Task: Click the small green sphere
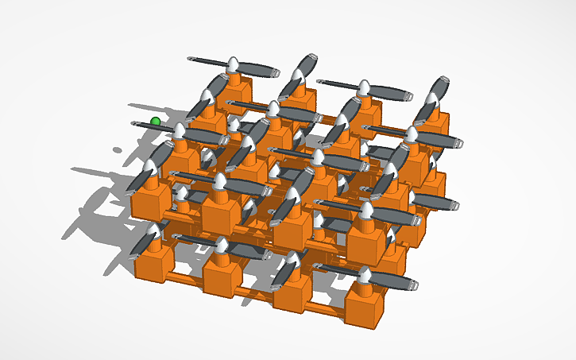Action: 156,122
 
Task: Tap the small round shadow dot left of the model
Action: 118,149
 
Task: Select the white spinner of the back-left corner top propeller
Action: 234,65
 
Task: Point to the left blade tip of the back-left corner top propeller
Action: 191,59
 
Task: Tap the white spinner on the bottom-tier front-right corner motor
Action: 365,277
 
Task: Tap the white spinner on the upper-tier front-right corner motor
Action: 367,210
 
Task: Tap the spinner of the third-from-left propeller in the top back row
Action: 365,87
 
